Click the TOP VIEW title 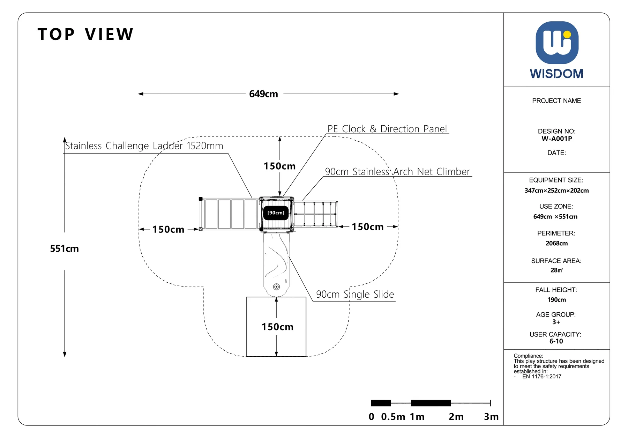click(x=85, y=34)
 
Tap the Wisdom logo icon click(x=557, y=43)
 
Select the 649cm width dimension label click(x=263, y=94)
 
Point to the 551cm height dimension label click(x=64, y=248)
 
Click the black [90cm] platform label click(x=276, y=213)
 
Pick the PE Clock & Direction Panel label click(x=387, y=129)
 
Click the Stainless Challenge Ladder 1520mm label click(x=144, y=146)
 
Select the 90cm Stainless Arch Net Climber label click(x=397, y=172)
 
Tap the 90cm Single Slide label click(x=355, y=294)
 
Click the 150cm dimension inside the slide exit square click(x=277, y=327)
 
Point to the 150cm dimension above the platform click(x=279, y=166)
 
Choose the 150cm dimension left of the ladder click(x=168, y=229)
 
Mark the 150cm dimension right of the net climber click(x=367, y=227)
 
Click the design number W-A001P click(x=557, y=139)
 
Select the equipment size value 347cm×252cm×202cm click(x=557, y=191)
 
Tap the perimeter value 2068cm click(x=557, y=243)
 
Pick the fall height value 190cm click(x=557, y=300)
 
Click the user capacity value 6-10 click(x=556, y=341)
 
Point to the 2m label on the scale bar click(x=456, y=417)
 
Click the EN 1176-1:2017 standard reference click(x=541, y=377)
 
